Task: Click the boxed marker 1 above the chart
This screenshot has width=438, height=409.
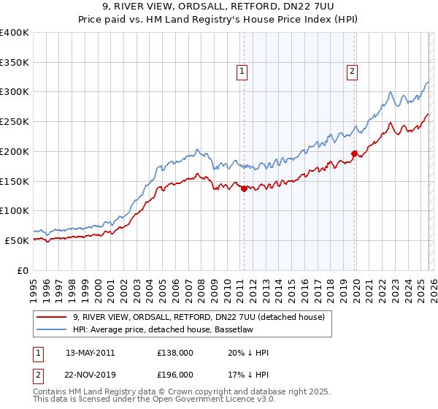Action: coord(242,71)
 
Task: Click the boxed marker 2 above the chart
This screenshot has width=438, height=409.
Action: coord(352,71)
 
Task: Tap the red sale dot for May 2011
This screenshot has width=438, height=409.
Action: coord(244,188)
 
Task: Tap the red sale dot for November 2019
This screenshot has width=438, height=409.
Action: coord(354,153)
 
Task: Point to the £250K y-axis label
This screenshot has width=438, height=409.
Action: coord(15,121)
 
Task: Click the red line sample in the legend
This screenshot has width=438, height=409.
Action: coord(53,317)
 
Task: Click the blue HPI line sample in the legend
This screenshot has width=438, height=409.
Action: coord(53,329)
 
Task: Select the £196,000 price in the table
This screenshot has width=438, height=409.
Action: coord(174,374)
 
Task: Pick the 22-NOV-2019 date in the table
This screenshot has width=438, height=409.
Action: coord(90,374)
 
